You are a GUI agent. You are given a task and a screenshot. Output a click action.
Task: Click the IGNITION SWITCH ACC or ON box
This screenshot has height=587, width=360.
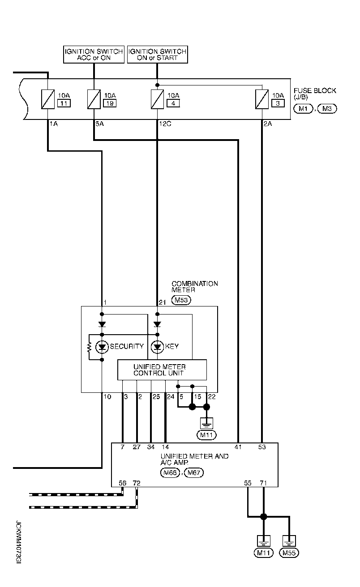point(94,55)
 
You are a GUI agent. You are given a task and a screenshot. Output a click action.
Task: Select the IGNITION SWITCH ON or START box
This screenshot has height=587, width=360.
point(157,55)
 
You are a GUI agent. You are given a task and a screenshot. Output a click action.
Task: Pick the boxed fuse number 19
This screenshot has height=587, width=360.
point(109,104)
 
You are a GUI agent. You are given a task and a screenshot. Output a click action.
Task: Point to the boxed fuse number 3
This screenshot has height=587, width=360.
point(278,104)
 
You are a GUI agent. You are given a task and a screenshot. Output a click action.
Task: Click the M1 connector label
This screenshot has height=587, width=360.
point(303,108)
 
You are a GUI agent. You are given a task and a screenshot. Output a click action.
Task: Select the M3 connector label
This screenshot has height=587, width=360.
point(327,108)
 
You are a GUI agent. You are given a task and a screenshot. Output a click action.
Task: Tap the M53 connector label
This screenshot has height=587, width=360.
point(181,300)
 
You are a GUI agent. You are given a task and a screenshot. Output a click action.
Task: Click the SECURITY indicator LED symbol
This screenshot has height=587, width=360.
point(102,346)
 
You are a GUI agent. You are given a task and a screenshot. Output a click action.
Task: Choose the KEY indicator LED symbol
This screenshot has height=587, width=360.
point(157,346)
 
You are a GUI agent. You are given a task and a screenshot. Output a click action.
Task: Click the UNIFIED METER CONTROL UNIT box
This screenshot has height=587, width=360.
point(162,370)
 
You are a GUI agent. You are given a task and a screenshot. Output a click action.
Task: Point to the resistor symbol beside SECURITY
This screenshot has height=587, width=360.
point(90,346)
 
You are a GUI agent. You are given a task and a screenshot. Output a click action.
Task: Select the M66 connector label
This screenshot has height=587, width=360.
point(170,472)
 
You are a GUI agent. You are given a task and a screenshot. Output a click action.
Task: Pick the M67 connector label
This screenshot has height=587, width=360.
point(193,472)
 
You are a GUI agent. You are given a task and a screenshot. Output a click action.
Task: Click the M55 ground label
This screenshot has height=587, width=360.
point(289,553)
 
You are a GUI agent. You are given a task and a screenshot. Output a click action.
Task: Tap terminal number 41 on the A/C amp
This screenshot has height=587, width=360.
point(238,447)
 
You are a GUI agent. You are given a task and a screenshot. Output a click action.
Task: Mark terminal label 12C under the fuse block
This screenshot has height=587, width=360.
point(164,124)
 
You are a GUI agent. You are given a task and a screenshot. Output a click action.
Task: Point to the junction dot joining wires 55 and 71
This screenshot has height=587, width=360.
point(264,517)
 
